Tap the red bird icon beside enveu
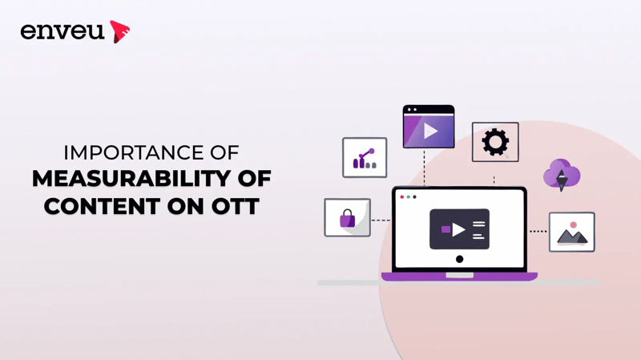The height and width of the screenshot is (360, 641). (x=119, y=31)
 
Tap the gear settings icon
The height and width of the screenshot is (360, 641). (x=495, y=142)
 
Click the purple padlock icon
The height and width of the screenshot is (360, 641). (x=347, y=218)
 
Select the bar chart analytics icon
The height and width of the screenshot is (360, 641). (x=365, y=158)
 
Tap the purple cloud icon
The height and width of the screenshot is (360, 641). (x=561, y=175)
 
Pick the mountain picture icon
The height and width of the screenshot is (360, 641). (x=572, y=233)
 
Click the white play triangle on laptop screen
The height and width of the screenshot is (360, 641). (x=458, y=229)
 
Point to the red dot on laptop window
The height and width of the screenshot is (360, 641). (x=402, y=196)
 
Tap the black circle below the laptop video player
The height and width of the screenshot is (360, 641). (x=459, y=259)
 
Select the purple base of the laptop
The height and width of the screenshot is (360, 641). (x=459, y=277)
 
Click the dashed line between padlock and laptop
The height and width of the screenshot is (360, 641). (x=381, y=219)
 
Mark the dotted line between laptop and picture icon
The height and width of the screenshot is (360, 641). (x=538, y=232)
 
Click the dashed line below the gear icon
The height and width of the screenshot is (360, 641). (x=494, y=174)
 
